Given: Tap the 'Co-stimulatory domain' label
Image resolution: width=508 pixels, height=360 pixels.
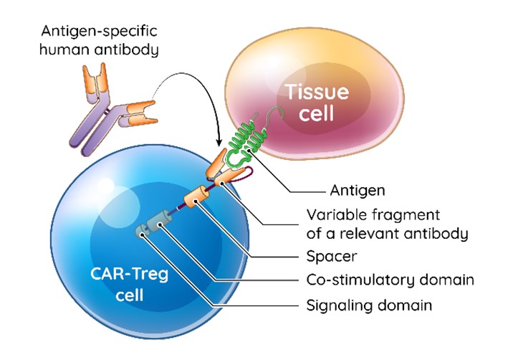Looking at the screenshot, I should click(x=380, y=280).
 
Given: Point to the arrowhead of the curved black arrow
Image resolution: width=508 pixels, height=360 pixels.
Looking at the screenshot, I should click(x=217, y=140).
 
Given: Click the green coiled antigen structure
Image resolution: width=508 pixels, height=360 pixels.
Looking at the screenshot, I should click(x=245, y=140).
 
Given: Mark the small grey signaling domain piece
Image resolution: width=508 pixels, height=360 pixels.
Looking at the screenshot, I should click(x=142, y=231).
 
